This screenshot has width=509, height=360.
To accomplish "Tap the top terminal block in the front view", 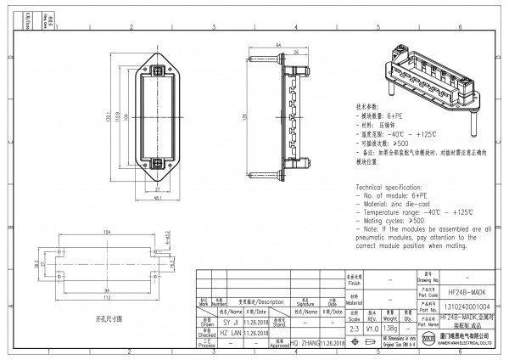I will (x=156, y=65).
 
